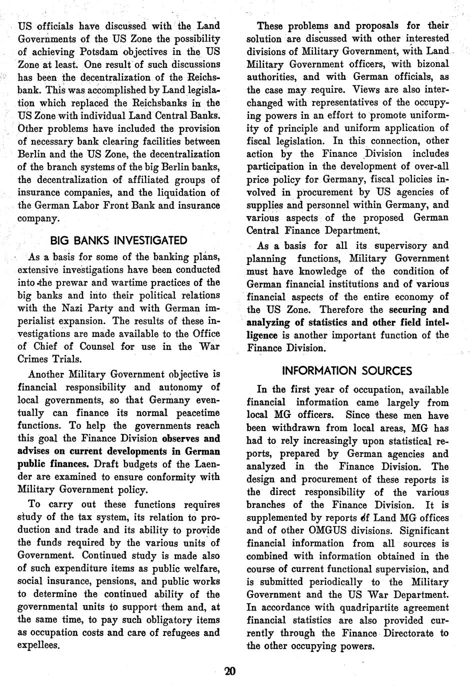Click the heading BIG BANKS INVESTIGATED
tap(118, 240)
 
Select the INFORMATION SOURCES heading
tap(347, 370)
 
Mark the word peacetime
tap(192, 412)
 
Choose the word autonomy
tap(180, 387)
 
